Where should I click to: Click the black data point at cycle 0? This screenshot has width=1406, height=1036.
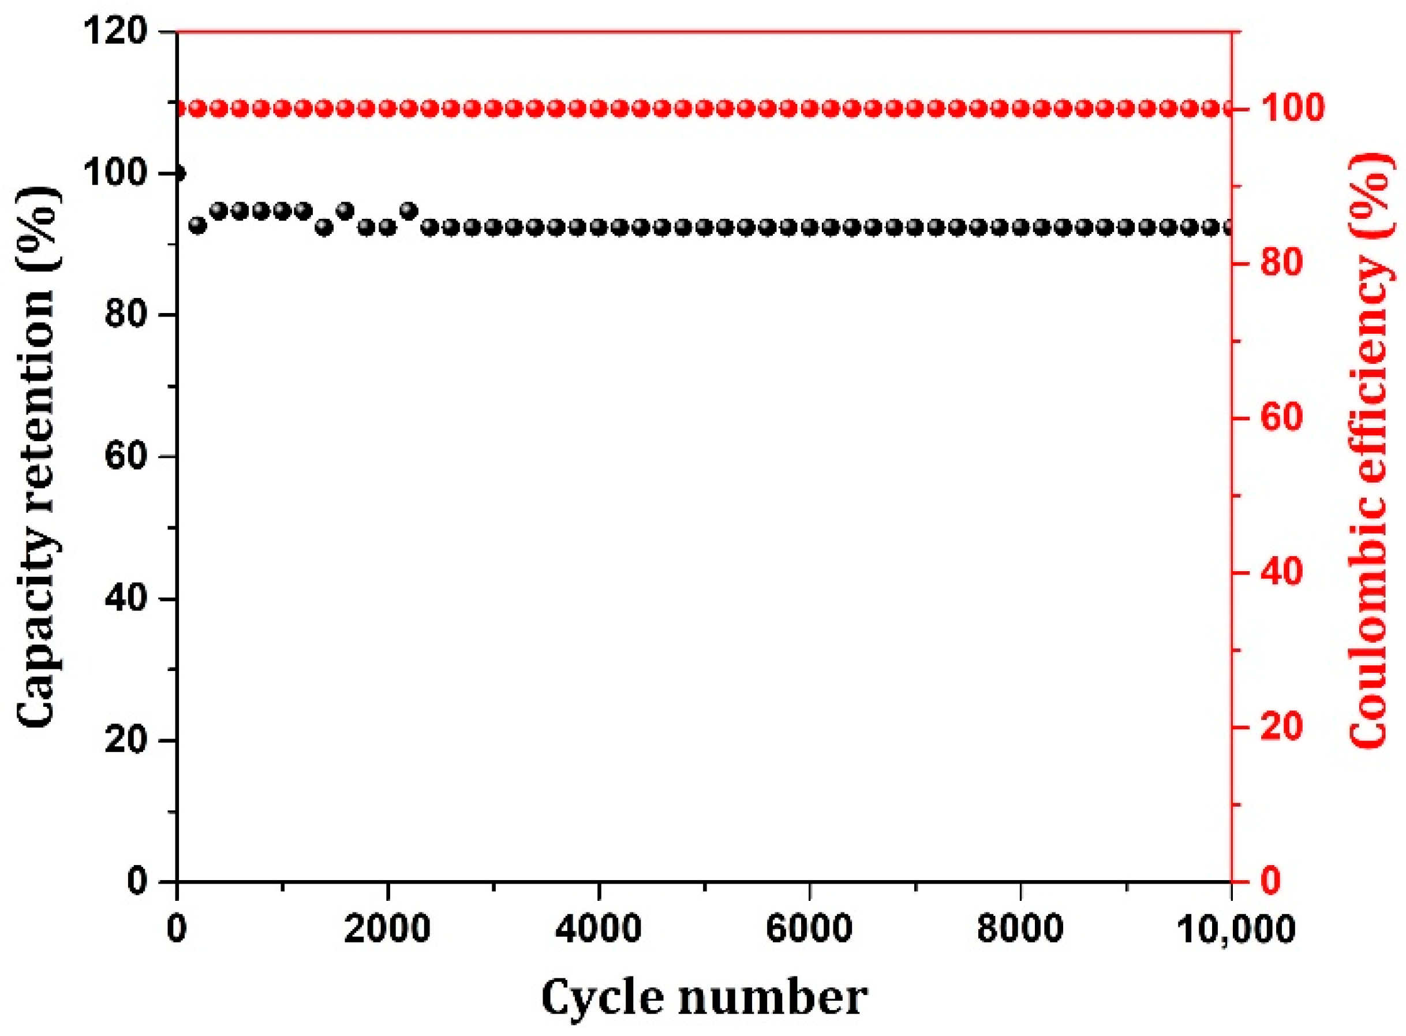click(180, 173)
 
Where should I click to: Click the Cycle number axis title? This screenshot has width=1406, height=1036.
click(704, 998)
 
